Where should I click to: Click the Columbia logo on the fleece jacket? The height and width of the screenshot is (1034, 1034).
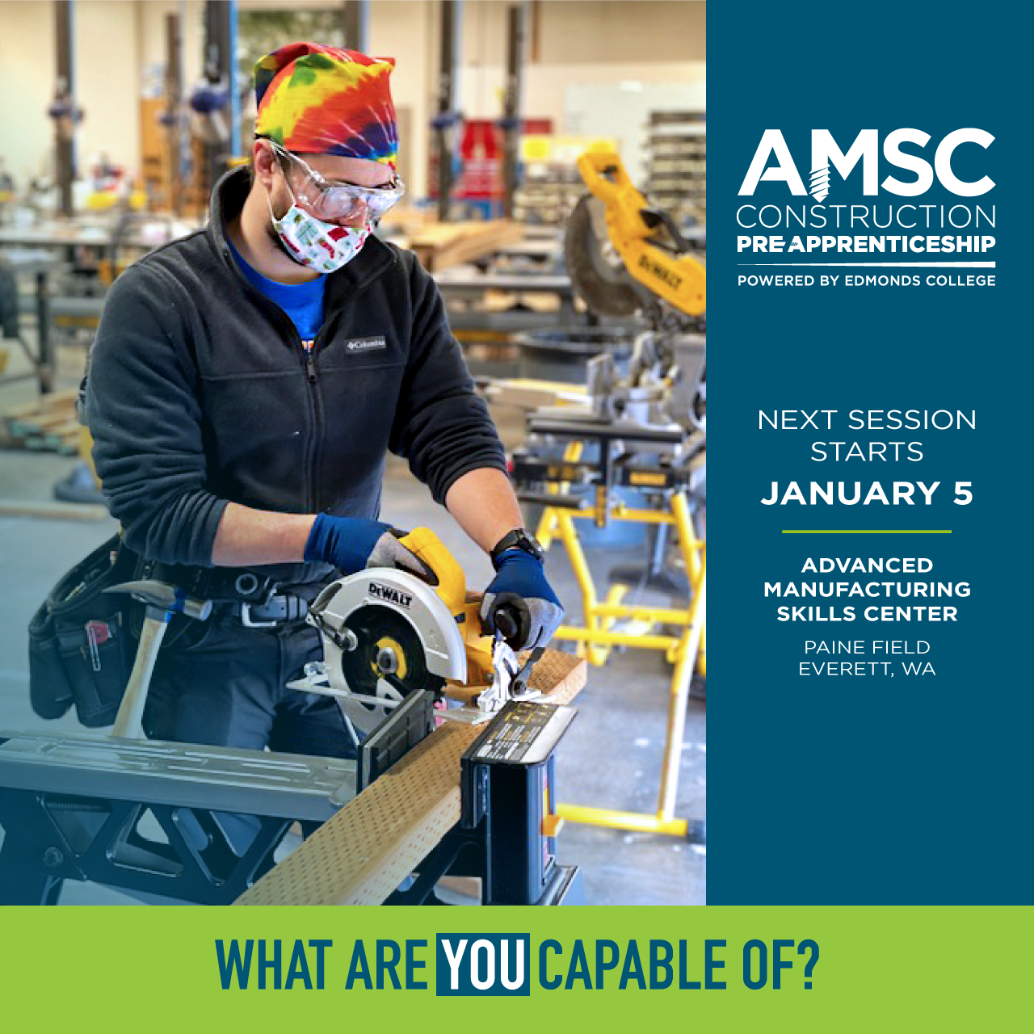(365, 343)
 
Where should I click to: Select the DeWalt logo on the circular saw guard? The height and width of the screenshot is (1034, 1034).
(390, 595)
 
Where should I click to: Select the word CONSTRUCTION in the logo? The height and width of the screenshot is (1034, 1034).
(866, 216)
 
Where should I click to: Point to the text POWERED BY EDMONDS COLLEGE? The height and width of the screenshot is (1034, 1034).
(866, 280)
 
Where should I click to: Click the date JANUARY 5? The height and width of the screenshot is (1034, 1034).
(867, 493)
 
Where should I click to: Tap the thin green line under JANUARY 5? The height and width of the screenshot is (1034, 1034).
(867, 532)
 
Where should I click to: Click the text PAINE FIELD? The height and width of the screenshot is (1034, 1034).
(867, 647)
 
